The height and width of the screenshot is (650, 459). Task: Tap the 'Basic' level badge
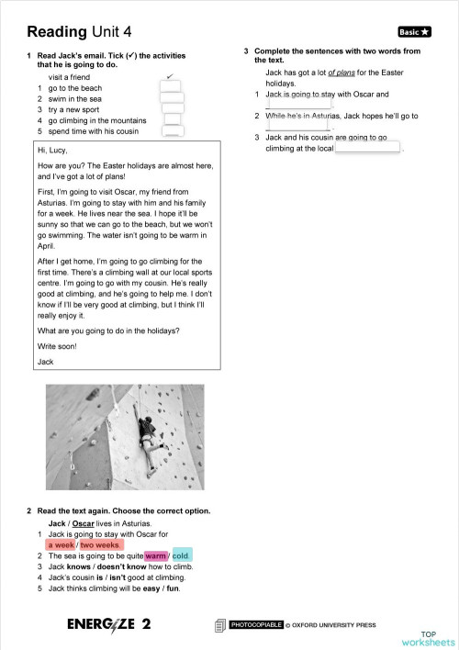click(x=414, y=31)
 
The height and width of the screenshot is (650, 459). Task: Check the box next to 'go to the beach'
click(x=172, y=88)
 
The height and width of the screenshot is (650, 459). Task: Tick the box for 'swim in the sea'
click(x=172, y=98)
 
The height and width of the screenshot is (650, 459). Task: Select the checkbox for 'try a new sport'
click(x=172, y=109)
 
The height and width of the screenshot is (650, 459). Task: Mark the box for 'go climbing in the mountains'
click(x=172, y=120)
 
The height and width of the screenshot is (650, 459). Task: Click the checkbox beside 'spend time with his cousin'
click(x=172, y=131)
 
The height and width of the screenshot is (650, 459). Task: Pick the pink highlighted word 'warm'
click(x=155, y=555)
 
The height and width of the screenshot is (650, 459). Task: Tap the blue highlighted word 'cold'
click(x=181, y=555)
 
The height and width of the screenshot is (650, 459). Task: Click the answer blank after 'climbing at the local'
click(x=368, y=148)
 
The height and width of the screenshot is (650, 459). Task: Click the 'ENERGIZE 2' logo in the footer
click(x=109, y=624)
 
